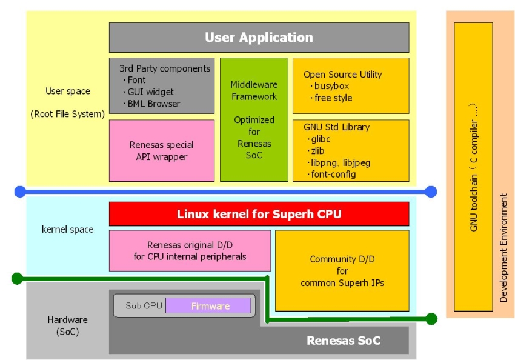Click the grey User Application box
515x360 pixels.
pyautogui.click(x=259, y=38)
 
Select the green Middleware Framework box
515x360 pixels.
pyautogui.click(x=254, y=119)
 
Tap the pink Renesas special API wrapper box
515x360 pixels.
pyautogui.click(x=162, y=151)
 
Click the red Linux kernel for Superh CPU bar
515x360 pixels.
pyautogui.click(x=259, y=214)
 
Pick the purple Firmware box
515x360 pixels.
pyautogui.click(x=208, y=306)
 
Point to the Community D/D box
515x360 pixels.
pyautogui.click(x=342, y=270)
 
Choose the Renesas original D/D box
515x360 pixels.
pyautogui.click(x=190, y=250)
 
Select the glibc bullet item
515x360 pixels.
pyautogui.click(x=321, y=139)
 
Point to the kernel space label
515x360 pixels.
pyautogui.click(x=68, y=230)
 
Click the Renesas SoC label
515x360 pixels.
pyautogui.click(x=344, y=341)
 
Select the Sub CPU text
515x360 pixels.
pyautogui.click(x=143, y=306)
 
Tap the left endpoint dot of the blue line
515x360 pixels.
pyautogui.click(x=19, y=192)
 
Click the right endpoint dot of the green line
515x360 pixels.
pyautogui.click(x=431, y=318)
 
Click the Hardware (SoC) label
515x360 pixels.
pyautogui.click(x=67, y=325)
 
